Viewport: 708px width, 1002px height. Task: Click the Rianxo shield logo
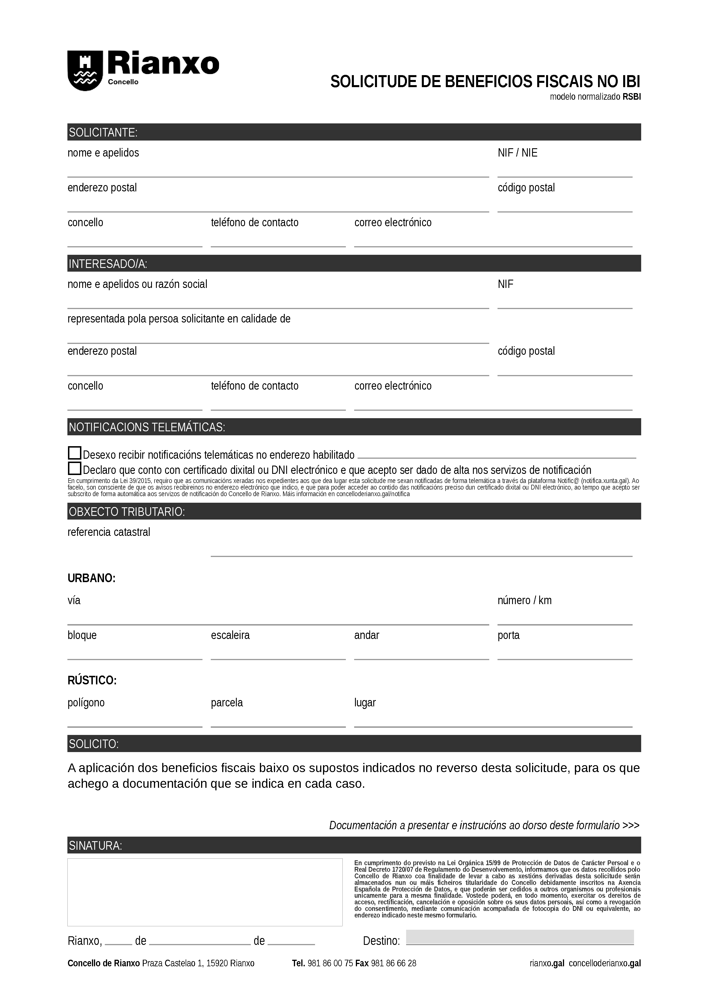point(85,71)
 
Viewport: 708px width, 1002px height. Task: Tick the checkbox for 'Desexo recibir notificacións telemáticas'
point(75,453)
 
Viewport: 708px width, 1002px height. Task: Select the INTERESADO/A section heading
point(108,264)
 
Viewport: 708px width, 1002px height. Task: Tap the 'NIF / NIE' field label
point(518,153)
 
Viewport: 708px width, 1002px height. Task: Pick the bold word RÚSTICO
point(92,680)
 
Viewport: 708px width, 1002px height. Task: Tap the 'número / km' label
point(524,600)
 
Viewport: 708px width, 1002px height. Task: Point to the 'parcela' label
point(226,703)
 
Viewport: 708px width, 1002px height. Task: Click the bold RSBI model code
point(631,97)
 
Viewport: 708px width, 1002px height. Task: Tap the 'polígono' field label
point(86,703)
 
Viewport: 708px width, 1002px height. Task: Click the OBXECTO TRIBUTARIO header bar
point(127,512)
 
